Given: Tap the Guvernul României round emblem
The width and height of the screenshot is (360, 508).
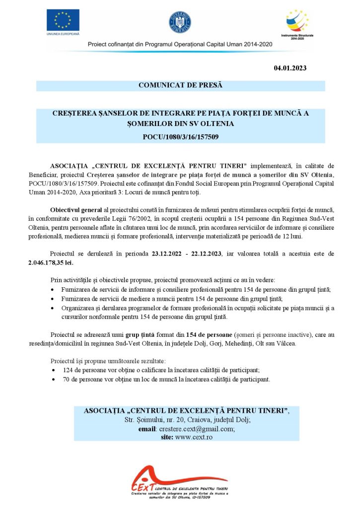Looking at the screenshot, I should tap(180, 22).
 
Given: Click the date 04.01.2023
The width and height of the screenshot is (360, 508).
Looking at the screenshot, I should tap(290, 68).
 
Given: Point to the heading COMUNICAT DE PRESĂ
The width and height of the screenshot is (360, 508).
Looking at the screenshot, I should tap(180, 85).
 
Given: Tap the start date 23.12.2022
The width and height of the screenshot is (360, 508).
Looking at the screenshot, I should tap(169, 254).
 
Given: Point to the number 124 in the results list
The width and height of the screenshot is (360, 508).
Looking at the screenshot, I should tap(69, 370).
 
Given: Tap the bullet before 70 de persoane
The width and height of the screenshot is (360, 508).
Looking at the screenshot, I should tap(54, 380).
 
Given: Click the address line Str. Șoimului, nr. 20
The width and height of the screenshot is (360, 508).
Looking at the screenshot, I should tap(154, 420).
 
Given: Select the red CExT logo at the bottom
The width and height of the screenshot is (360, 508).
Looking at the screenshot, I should tap(149, 482).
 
